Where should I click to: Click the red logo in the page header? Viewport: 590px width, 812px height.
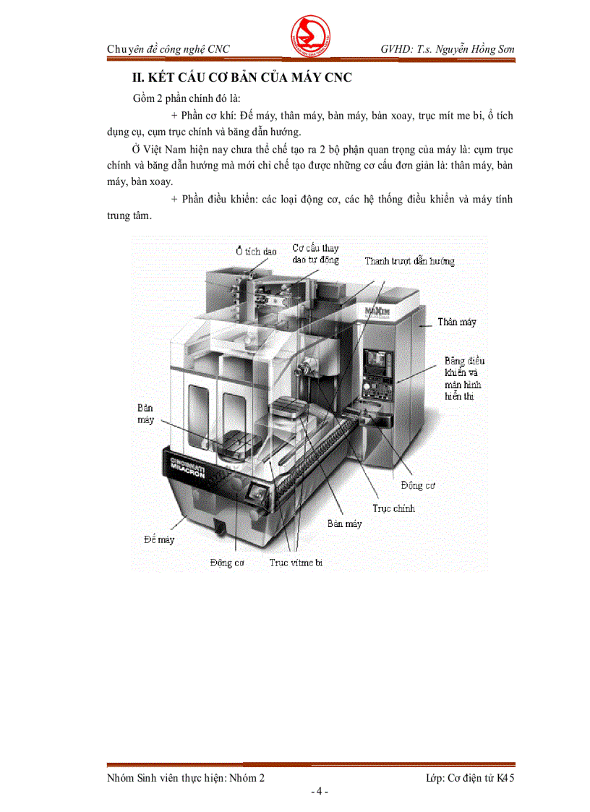tap(309, 35)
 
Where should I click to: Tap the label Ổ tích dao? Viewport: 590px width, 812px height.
tap(256, 252)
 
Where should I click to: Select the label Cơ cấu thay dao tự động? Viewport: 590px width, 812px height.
tap(315, 254)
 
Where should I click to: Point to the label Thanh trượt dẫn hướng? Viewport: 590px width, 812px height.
tap(409, 261)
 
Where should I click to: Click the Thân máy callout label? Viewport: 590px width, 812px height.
tap(457, 322)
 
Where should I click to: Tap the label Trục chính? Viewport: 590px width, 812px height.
tap(394, 508)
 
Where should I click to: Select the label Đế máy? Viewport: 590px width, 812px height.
tap(158, 539)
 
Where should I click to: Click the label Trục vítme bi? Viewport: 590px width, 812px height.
tap(296, 562)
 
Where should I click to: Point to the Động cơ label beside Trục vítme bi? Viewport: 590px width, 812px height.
tap(227, 562)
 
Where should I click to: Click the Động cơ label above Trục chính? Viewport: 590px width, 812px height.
tap(418, 486)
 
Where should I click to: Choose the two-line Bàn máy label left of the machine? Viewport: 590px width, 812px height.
tap(146, 414)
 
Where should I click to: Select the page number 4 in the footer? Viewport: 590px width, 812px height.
tap(319, 791)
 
